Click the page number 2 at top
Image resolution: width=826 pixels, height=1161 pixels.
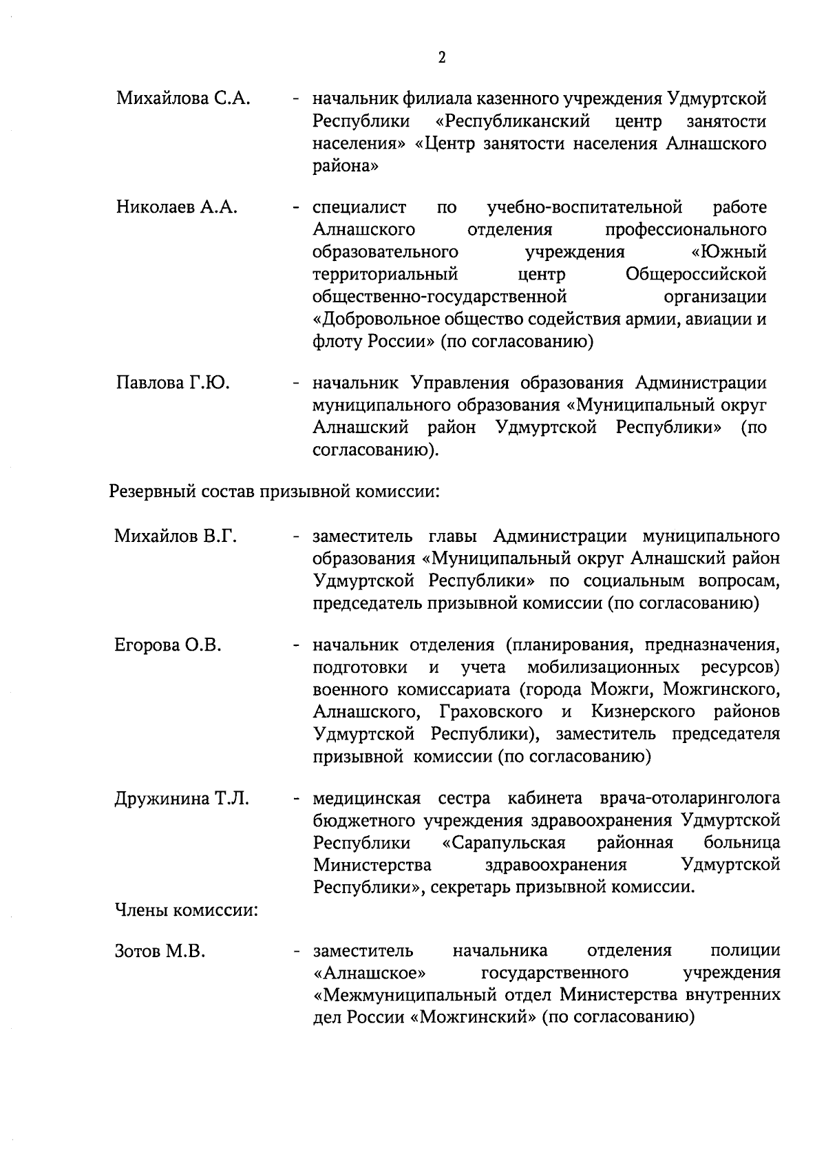click(x=441, y=58)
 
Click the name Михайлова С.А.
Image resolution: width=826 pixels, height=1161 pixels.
click(x=182, y=100)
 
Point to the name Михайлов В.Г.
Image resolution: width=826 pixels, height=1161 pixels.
click(x=176, y=536)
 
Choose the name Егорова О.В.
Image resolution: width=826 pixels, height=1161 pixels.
click(x=167, y=646)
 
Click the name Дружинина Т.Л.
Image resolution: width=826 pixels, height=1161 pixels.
click(x=181, y=799)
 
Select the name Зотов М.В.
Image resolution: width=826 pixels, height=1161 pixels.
click(x=160, y=952)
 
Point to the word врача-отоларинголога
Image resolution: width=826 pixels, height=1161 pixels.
click(x=690, y=799)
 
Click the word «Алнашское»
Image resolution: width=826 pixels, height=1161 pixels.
click(x=369, y=974)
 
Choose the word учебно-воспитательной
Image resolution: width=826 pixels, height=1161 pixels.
click(x=584, y=207)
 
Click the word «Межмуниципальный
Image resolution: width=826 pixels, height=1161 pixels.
click(x=405, y=996)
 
